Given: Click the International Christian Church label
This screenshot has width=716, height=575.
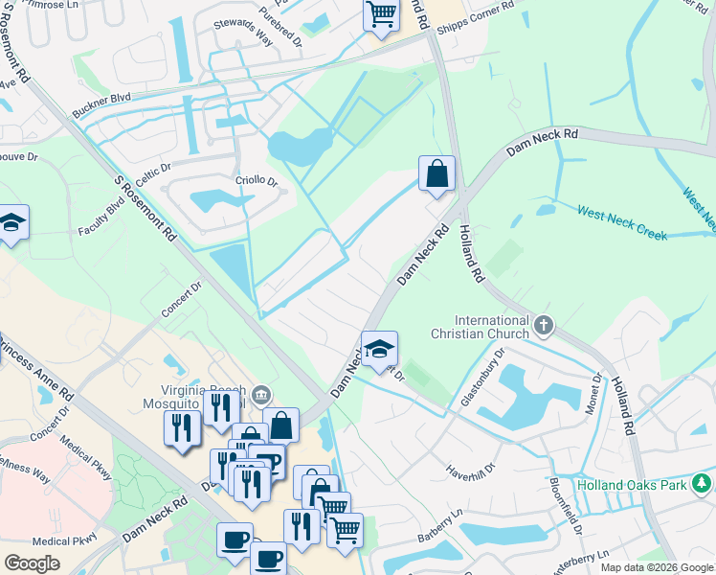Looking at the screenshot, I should click(x=492, y=327).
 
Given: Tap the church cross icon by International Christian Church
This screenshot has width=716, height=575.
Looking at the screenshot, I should click(x=545, y=327).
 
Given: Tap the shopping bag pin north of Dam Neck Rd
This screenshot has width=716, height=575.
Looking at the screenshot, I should click(x=436, y=174).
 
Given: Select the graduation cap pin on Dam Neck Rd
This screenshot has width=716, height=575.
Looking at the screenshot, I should click(x=379, y=349).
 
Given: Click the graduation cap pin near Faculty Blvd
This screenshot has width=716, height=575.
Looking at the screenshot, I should click(x=11, y=222).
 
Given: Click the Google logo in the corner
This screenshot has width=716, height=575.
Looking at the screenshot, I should click(x=33, y=563).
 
